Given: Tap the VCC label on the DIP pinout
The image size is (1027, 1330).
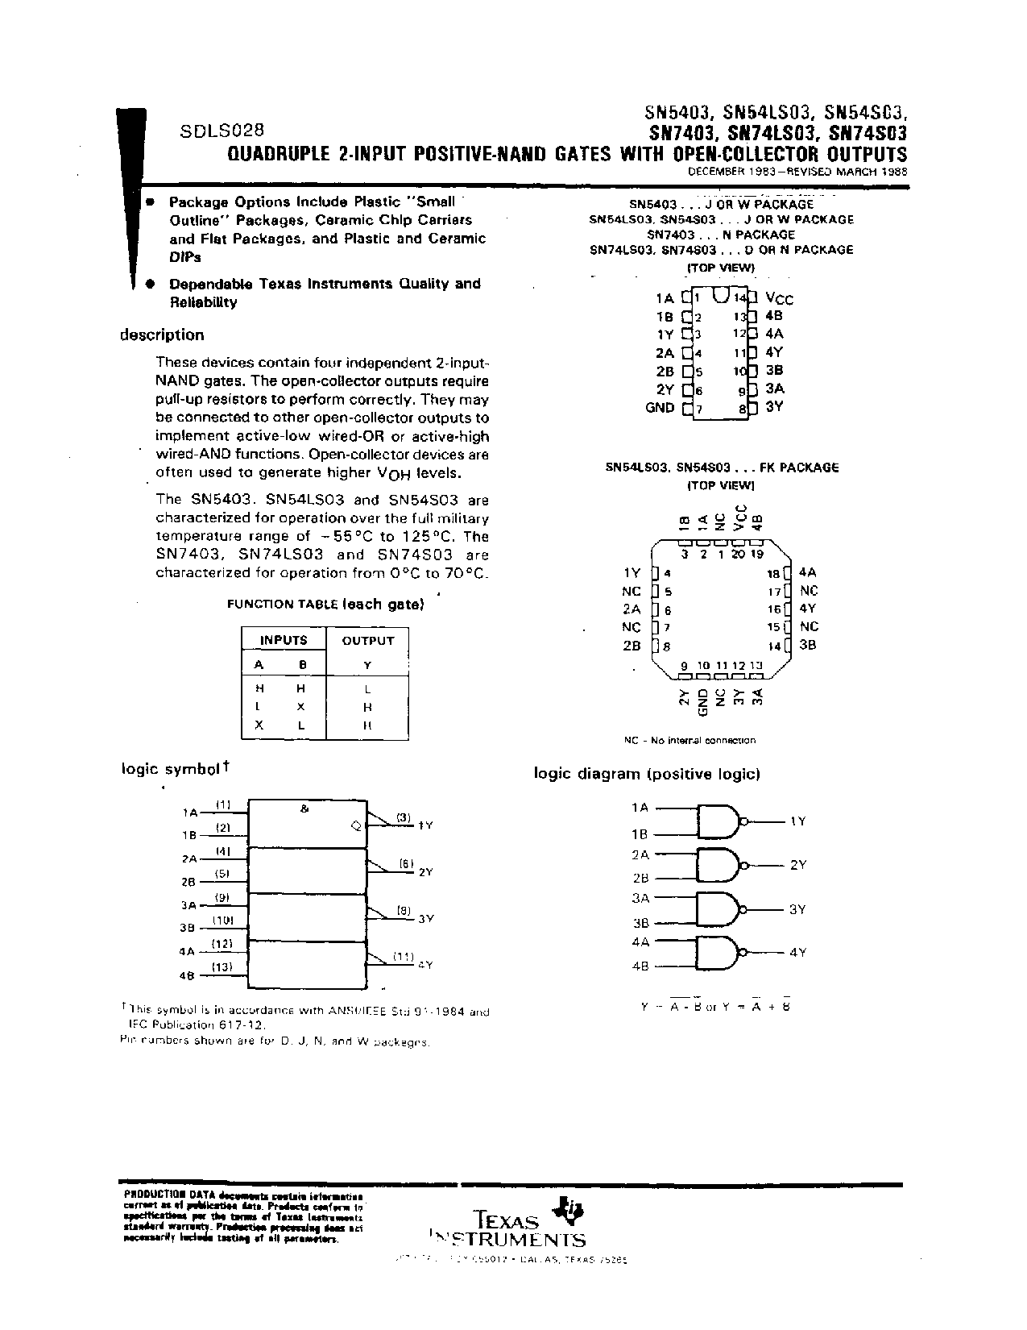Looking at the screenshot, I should (779, 299).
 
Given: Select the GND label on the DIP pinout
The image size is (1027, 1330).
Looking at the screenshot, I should (660, 408).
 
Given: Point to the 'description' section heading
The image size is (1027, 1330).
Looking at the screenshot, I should (162, 335).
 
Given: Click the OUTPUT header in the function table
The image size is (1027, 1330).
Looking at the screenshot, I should (368, 641).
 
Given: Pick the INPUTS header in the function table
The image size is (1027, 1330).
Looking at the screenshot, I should (284, 641).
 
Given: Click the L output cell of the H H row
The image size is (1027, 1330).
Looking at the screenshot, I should (367, 689).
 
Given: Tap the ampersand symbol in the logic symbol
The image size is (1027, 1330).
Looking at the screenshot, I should (304, 808).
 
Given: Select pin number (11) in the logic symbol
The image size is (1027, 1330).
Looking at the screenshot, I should (403, 956).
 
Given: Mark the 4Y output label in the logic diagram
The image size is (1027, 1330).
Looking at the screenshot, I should (797, 952).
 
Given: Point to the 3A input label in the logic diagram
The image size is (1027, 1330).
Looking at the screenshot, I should (640, 898).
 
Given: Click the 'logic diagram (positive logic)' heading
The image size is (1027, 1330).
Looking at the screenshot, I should (647, 774).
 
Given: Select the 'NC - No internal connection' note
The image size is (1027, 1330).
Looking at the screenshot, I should (689, 740).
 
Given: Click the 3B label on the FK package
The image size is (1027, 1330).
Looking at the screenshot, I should (808, 646).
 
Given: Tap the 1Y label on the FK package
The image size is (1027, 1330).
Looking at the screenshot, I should (632, 573).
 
